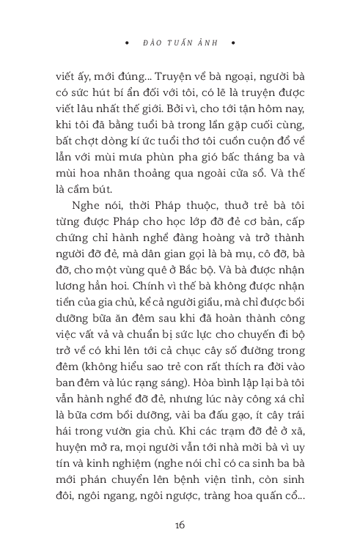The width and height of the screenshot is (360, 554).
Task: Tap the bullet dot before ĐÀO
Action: coord(128,43)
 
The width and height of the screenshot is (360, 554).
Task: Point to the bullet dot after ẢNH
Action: coord(232,43)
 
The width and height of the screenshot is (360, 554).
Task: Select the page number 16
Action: coord(180,524)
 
